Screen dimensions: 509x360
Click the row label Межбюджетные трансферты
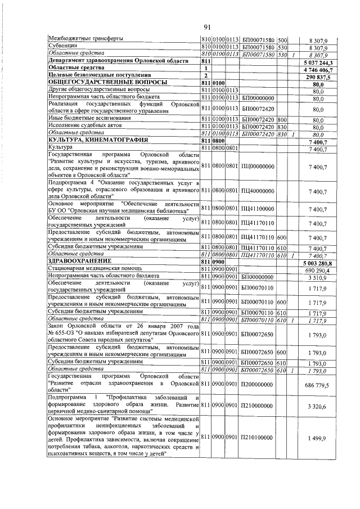(x=84, y=39)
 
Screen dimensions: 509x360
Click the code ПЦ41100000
(x=258, y=209)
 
